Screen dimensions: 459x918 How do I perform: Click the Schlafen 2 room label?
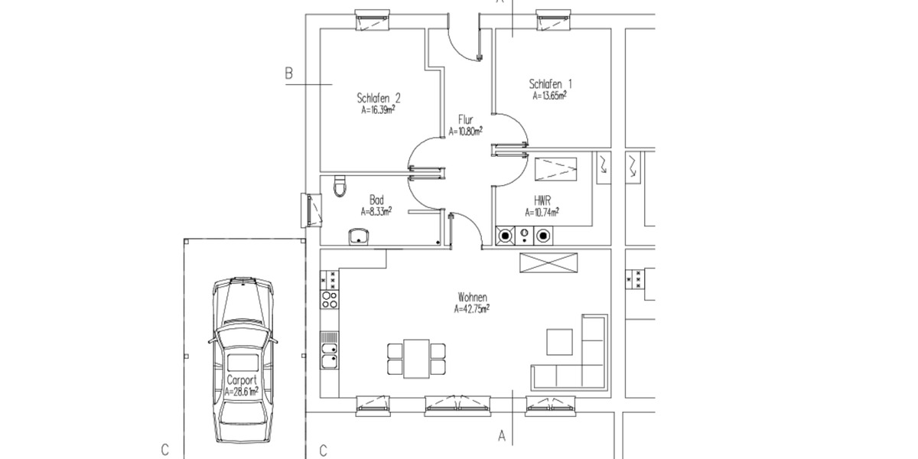click(379, 98)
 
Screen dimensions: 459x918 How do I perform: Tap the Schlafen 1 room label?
click(551, 84)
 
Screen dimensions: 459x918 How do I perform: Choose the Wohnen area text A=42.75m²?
click(471, 310)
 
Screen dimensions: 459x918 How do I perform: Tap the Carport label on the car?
click(242, 380)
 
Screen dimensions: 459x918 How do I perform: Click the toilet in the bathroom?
click(341, 185)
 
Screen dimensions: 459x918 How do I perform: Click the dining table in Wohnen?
click(416, 358)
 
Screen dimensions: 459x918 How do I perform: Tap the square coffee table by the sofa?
click(559, 342)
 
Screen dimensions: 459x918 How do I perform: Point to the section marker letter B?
click(289, 74)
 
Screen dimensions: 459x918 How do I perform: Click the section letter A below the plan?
click(503, 437)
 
